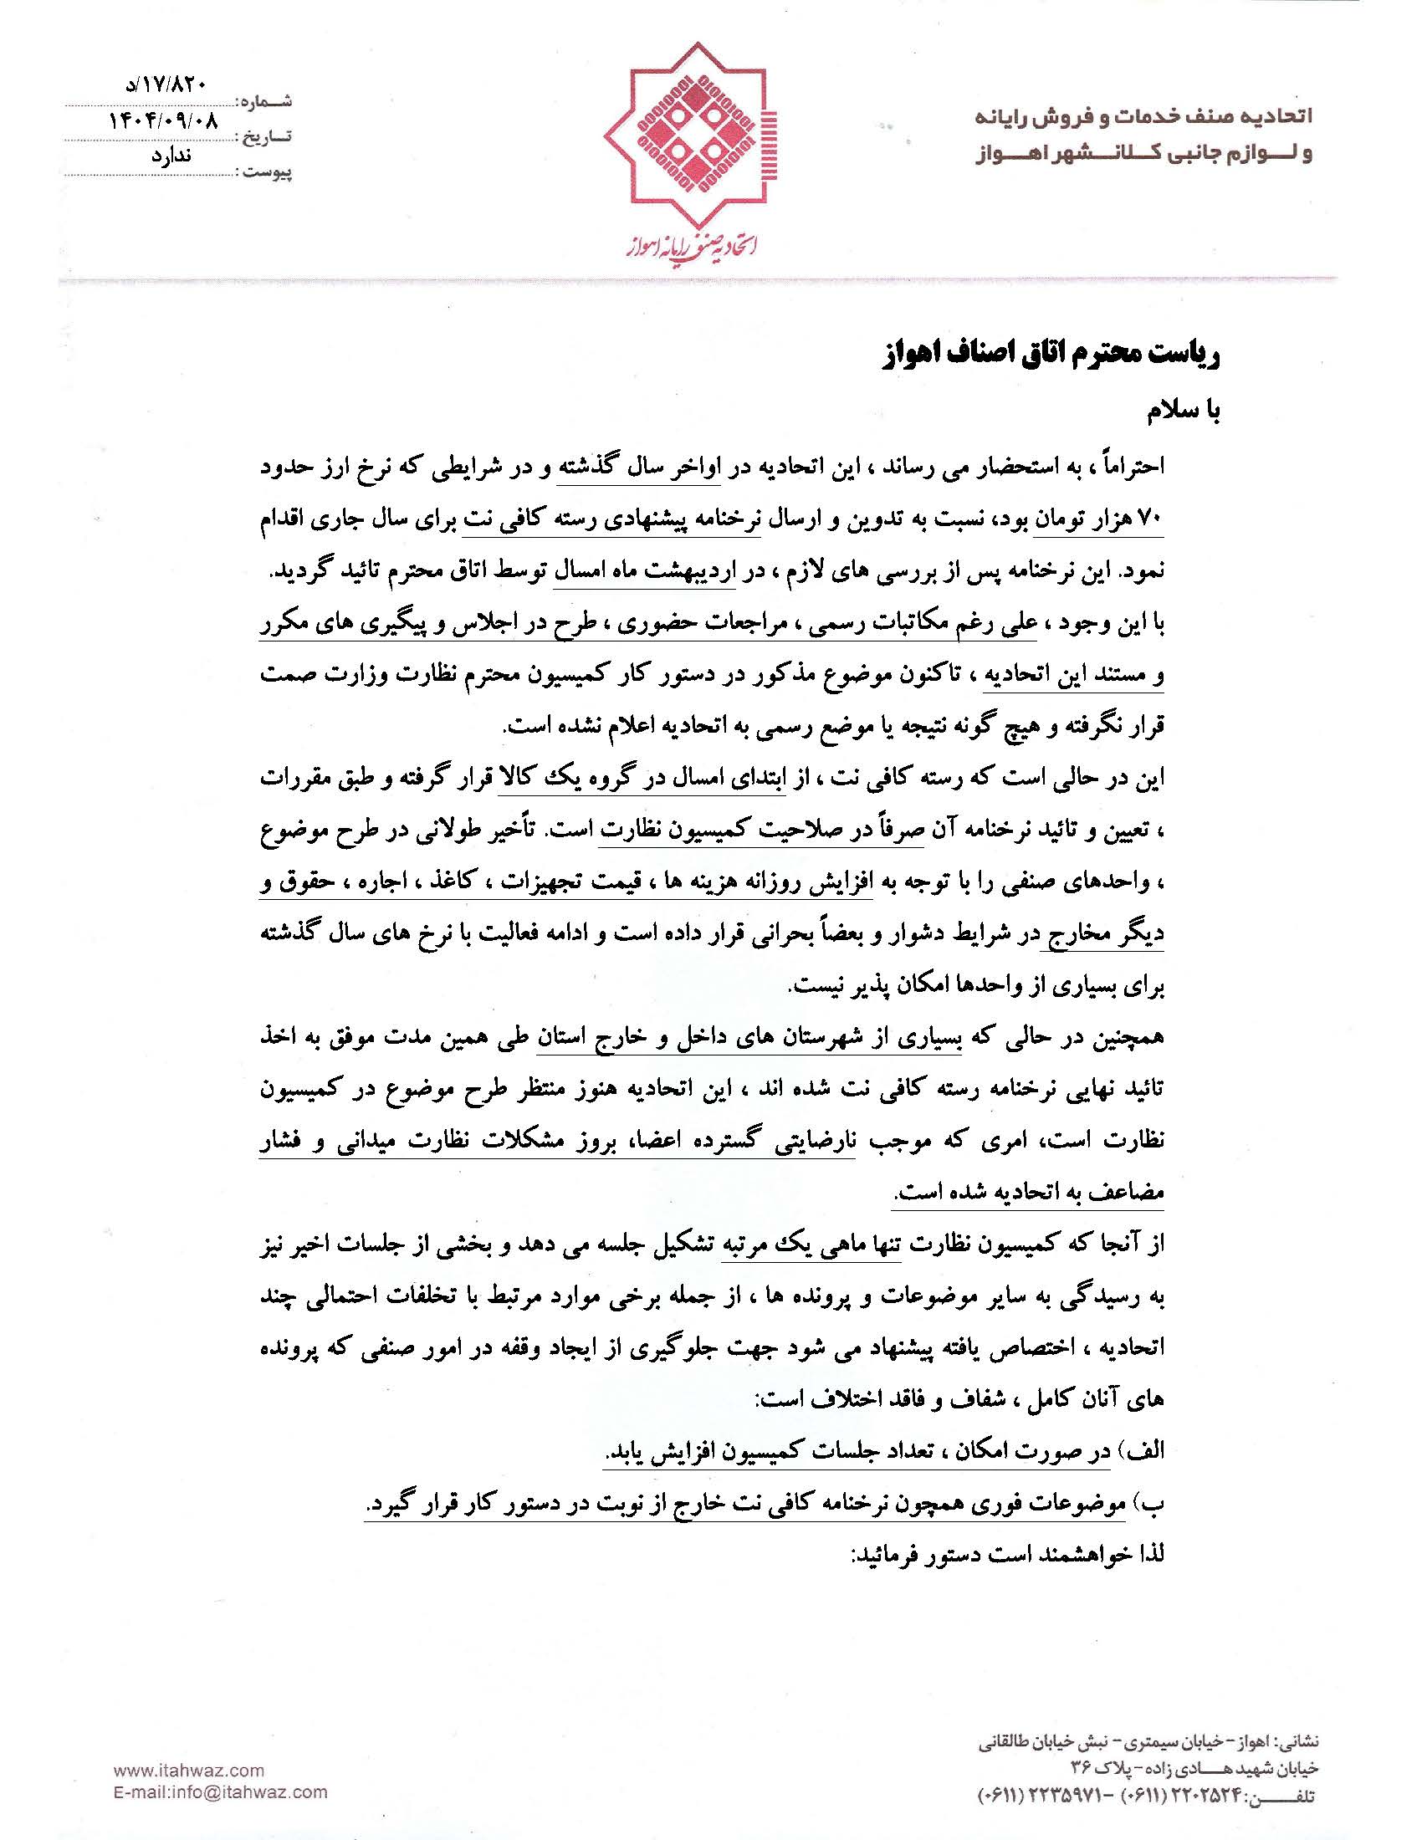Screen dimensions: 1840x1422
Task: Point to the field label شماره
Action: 265,101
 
